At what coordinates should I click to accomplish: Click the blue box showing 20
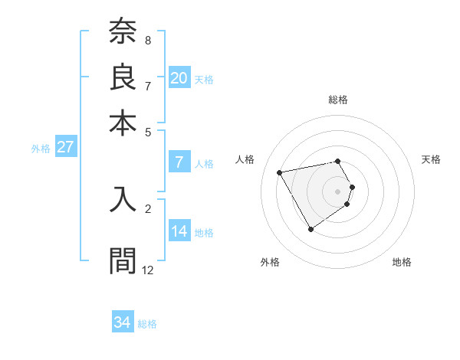pyautogui.click(x=179, y=77)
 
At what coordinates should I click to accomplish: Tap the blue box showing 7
pyautogui.click(x=179, y=162)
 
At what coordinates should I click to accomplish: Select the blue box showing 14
pyautogui.click(x=179, y=231)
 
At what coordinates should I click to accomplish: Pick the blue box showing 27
pyautogui.click(x=65, y=147)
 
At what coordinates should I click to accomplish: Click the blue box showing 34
pyautogui.click(x=123, y=322)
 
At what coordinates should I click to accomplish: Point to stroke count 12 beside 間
pyautogui.click(x=148, y=270)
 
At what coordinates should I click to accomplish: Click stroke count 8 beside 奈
pyautogui.click(x=148, y=40)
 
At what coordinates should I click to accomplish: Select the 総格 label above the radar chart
pyautogui.click(x=338, y=100)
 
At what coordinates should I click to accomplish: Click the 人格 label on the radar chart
pyautogui.click(x=245, y=159)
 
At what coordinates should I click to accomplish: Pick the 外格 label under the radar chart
pyautogui.click(x=270, y=262)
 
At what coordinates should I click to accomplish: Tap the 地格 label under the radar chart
pyautogui.click(x=402, y=262)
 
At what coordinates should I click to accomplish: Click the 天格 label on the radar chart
pyautogui.click(x=431, y=159)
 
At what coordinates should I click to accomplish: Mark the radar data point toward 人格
pyautogui.click(x=280, y=172)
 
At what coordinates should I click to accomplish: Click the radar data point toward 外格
pyautogui.click(x=310, y=229)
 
